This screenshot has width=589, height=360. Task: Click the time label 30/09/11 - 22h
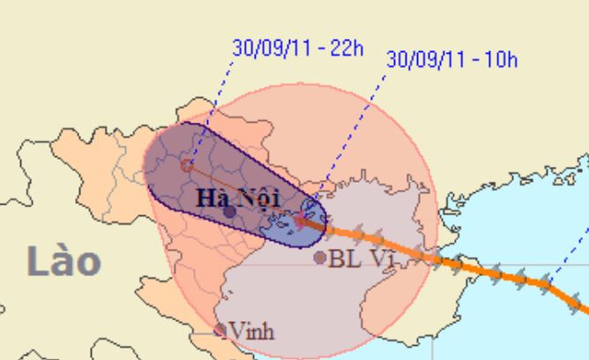296,48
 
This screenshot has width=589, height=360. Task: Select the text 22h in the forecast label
346,48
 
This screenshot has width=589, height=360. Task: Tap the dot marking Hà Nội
229,212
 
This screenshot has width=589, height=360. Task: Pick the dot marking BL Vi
320,258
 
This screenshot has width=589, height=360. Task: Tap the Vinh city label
251,331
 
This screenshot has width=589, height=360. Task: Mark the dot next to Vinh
220,331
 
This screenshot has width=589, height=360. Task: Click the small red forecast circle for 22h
186,164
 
